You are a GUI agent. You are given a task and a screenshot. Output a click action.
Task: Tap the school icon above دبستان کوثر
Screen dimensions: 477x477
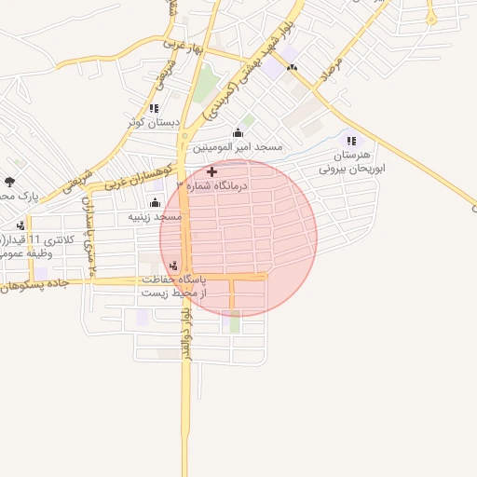(154, 109)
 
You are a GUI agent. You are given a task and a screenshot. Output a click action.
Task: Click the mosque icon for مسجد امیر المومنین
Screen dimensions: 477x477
(238, 133)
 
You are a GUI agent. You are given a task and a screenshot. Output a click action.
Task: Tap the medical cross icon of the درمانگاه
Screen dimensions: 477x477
(211, 171)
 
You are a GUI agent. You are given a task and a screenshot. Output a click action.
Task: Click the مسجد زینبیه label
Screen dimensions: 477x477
(155, 216)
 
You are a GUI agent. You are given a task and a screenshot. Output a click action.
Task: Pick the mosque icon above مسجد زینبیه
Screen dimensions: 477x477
(155, 202)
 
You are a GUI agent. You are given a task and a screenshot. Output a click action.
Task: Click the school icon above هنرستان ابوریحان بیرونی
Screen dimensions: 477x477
(351, 140)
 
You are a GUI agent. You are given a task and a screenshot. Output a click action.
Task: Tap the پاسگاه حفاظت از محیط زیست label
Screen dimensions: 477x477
(175, 285)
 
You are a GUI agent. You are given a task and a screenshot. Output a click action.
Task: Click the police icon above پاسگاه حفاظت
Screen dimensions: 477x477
(174, 265)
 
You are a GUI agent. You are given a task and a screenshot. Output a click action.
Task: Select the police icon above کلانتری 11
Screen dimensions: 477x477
(20, 225)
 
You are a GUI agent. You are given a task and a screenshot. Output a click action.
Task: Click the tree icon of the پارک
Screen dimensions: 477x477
(10, 182)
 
